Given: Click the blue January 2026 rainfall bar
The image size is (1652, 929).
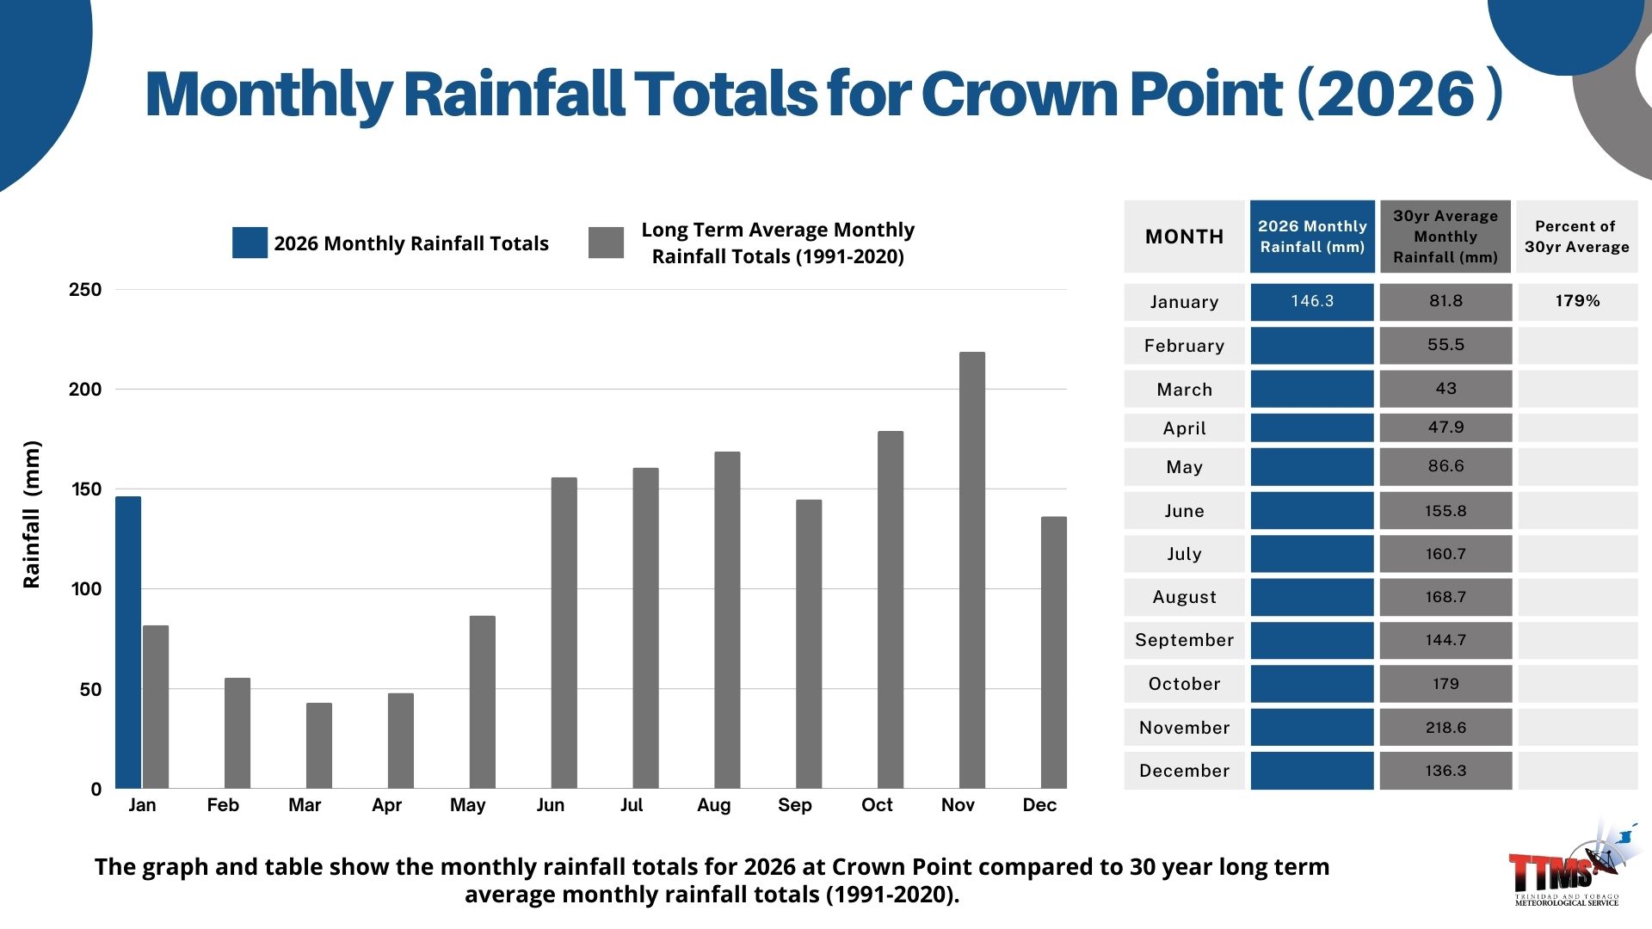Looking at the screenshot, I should click(128, 643).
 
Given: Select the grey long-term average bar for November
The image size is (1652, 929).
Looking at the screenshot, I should click(971, 569).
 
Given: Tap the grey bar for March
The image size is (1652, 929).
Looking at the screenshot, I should click(319, 745).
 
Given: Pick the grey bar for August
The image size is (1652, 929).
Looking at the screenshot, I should click(727, 619).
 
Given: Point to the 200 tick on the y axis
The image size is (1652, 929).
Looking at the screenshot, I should click(85, 390).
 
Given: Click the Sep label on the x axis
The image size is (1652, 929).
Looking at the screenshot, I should click(794, 805).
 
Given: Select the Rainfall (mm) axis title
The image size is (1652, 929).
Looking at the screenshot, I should click(32, 514).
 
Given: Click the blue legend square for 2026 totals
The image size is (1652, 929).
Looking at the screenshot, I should click(250, 243).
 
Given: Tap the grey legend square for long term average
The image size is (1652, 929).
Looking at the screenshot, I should click(606, 243).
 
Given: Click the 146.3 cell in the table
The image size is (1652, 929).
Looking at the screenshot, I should click(1312, 301).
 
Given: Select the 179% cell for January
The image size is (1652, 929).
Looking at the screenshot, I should click(1577, 301).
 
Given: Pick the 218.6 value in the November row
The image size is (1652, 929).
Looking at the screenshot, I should click(1445, 728).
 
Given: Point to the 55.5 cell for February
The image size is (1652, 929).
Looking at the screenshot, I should click(1445, 345).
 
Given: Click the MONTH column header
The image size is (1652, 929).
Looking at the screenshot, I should click(1184, 237).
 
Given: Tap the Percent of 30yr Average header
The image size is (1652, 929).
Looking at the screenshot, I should click(1576, 237).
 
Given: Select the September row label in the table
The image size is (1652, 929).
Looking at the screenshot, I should click(1184, 640).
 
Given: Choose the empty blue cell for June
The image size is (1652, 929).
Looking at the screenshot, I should click(1312, 511).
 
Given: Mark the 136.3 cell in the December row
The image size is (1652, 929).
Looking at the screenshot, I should click(1445, 771).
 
